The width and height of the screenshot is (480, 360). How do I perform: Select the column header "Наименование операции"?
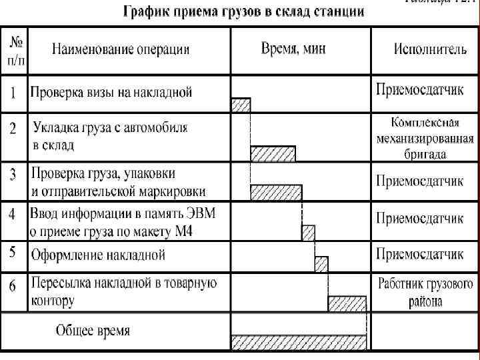(121, 49)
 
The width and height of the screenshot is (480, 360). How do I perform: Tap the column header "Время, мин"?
(293, 49)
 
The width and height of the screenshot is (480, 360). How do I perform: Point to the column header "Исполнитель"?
(427, 49)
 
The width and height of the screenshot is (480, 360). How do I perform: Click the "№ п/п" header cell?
(16, 49)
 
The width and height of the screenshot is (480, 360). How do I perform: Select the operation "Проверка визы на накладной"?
(111, 92)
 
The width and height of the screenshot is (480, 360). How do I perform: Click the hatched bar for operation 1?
(241, 105)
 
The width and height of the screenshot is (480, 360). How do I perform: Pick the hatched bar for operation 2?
(273, 154)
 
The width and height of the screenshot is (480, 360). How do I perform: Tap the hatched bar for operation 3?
(276, 193)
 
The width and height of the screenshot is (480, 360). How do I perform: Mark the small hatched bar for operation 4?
(308, 233)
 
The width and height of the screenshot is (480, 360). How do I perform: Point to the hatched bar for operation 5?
(321, 263)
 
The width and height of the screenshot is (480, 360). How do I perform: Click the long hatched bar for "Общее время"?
(299, 343)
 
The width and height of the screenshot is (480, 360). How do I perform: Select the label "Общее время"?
(93, 331)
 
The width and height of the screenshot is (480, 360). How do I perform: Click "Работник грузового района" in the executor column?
(426, 292)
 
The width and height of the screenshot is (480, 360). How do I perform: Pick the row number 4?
(13, 215)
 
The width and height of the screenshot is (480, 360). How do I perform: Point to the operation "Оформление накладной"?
(98, 255)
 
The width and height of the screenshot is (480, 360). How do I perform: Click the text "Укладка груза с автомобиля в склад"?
(110, 135)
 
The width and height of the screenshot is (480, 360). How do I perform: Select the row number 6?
(13, 287)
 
